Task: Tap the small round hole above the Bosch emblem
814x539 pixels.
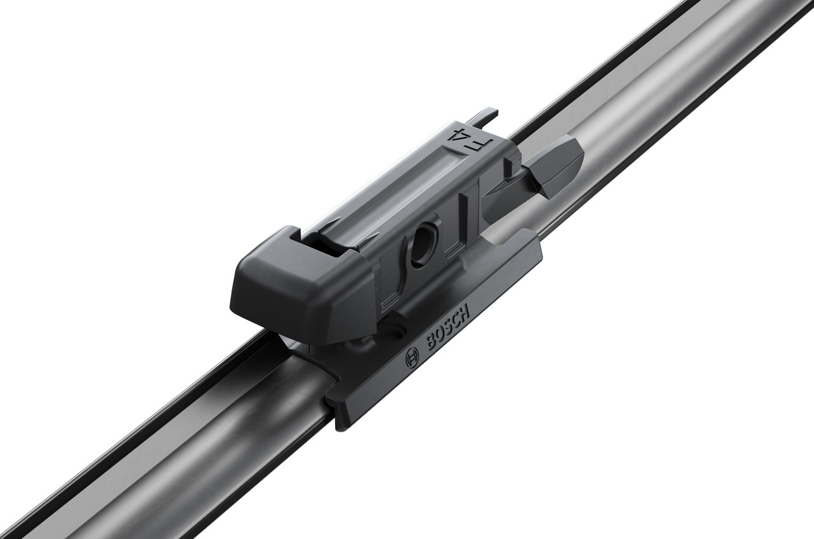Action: [395, 330]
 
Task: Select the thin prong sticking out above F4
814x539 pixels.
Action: [486, 115]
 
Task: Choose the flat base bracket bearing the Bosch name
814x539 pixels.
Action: [439, 343]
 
